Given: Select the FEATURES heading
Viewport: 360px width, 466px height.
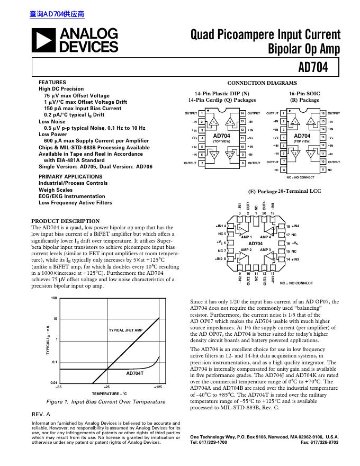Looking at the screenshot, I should pyautogui.click(x=52, y=83).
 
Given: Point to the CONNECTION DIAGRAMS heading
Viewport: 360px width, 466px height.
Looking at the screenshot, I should pyautogui.click(x=262, y=83).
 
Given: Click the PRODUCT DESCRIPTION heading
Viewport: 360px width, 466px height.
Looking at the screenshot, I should pyautogui.click(x=66, y=221).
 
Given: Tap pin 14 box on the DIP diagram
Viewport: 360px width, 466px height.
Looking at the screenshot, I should pyautogui.click(x=242, y=113).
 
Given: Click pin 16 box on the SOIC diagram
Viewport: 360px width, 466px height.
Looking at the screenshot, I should pyautogui.click(x=323, y=113).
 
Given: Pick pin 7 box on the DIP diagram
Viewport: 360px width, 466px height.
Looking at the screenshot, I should pyautogui.click(x=202, y=163).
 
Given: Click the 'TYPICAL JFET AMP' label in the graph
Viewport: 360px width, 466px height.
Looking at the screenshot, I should pyautogui.click(x=126, y=330).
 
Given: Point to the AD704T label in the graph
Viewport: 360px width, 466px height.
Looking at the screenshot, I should pyautogui.click(x=135, y=373).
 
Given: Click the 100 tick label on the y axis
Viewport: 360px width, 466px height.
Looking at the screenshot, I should pyautogui.click(x=53, y=299).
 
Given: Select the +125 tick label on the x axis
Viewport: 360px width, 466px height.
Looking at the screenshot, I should pyautogui.click(x=158, y=388).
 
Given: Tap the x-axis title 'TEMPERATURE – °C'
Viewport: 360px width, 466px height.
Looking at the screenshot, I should pyautogui.click(x=110, y=395).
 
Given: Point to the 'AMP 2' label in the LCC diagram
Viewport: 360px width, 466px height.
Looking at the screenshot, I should pyautogui.click(x=246, y=249).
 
